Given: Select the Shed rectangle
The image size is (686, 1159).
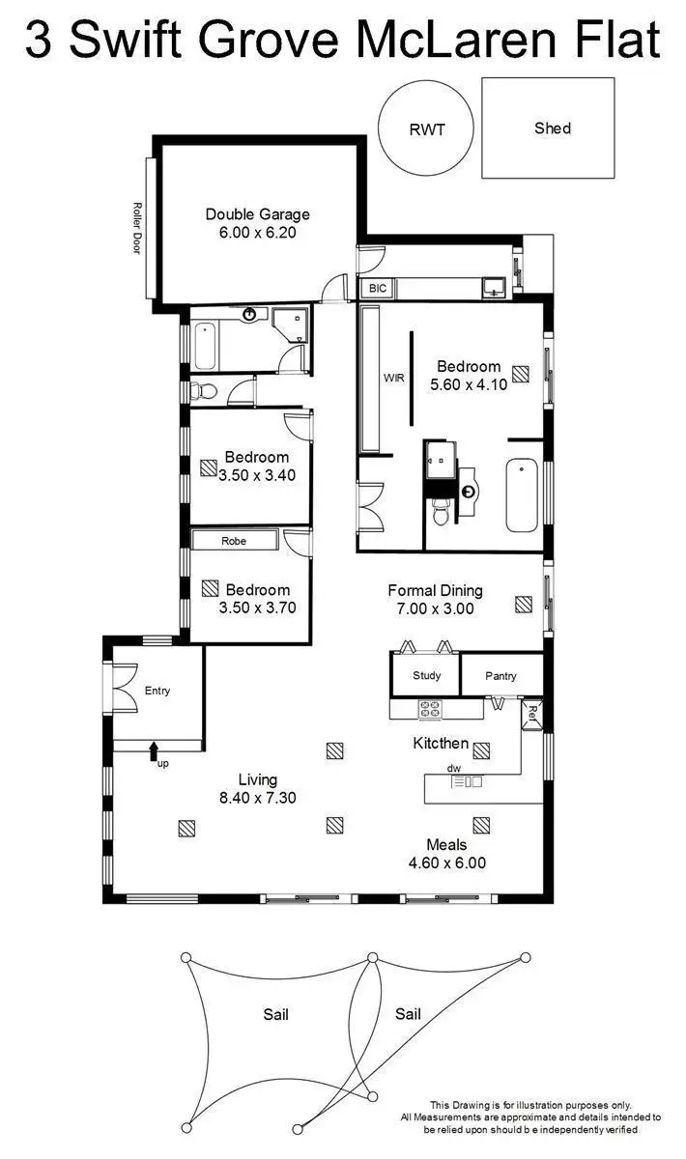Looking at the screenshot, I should pyautogui.click(x=548, y=127).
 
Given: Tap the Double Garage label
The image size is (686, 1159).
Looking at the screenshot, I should pyautogui.click(x=257, y=214).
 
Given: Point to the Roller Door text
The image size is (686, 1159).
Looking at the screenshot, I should pyautogui.click(x=137, y=228).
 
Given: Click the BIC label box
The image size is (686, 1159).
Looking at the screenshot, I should pyautogui.click(x=374, y=288).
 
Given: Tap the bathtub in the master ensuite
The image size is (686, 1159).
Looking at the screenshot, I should pyautogui.click(x=522, y=495).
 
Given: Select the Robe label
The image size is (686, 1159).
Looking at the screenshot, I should pyautogui.click(x=234, y=541).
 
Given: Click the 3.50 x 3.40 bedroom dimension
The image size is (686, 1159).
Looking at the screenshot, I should pyautogui.click(x=256, y=475).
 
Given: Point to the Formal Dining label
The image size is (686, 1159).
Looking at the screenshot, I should pyautogui.click(x=435, y=590).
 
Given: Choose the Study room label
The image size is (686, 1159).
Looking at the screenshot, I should pyautogui.click(x=426, y=675).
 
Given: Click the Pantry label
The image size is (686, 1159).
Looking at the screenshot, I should pyautogui.click(x=500, y=676).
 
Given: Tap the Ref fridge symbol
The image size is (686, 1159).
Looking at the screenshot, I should pyautogui.click(x=530, y=715).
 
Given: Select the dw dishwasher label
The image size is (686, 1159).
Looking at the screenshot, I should pyautogui.click(x=454, y=768).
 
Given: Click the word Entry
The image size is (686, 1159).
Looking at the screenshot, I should pyautogui.click(x=157, y=691).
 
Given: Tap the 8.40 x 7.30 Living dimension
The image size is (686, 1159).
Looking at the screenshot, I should pyautogui.click(x=257, y=798).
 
